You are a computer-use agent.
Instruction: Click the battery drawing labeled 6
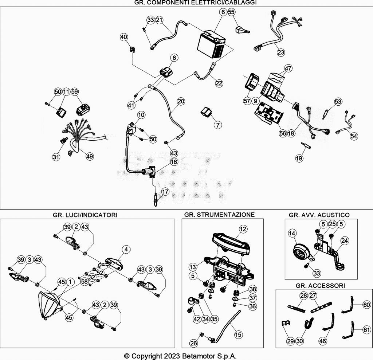211,44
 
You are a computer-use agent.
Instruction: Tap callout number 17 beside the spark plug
165,191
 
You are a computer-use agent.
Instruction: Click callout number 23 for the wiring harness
281,52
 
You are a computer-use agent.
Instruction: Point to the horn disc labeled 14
301,253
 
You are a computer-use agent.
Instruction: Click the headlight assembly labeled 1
49,305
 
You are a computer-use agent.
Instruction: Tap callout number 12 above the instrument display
243,229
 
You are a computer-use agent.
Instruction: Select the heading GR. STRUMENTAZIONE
219,215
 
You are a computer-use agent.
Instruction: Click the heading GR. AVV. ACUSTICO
319,215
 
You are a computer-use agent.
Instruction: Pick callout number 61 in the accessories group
366,329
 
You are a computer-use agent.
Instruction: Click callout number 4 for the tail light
126,249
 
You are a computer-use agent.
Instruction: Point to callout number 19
299,158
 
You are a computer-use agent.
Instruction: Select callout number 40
124,37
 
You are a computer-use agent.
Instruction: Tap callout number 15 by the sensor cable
238,334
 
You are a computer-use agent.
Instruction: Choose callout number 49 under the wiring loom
90,156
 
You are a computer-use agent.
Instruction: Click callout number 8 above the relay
174,58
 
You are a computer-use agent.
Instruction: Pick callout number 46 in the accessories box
323,341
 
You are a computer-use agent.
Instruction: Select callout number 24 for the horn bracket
345,241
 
